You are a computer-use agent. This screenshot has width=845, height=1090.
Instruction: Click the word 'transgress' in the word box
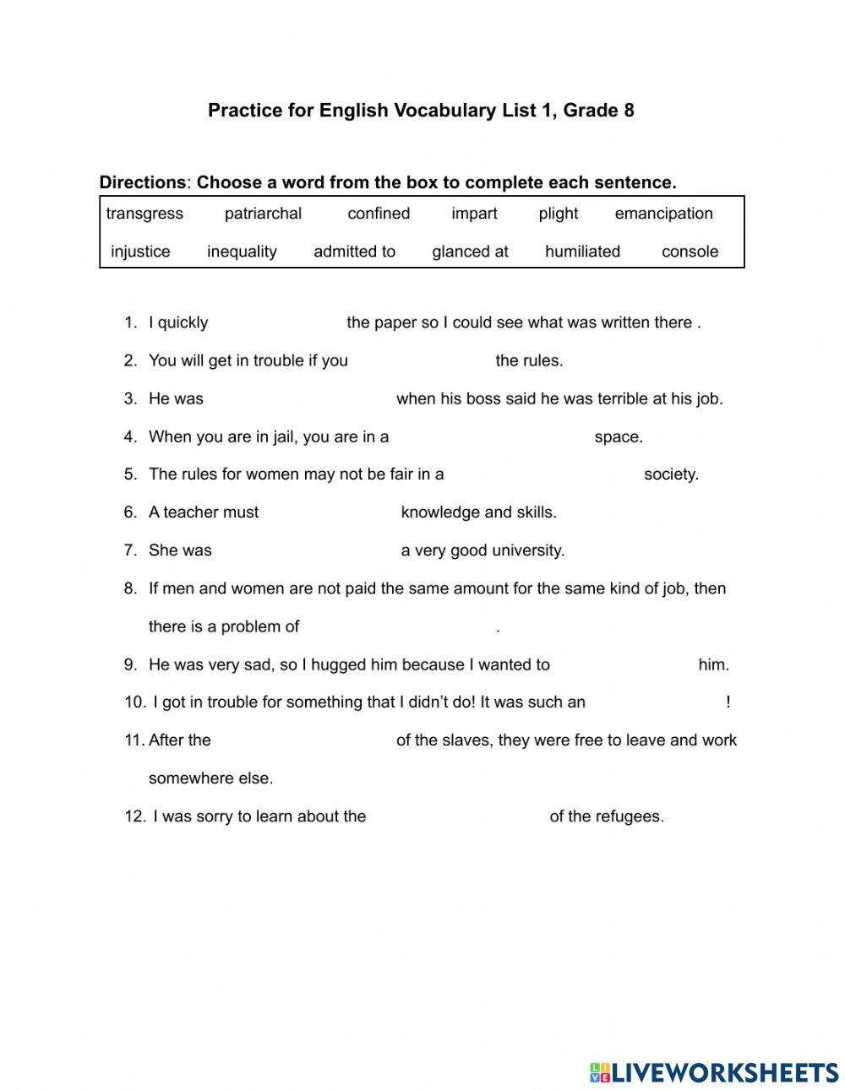[x=144, y=214]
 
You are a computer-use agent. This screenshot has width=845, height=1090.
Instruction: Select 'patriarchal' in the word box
[x=263, y=214]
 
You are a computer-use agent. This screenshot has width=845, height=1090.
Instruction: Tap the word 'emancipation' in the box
[x=663, y=214]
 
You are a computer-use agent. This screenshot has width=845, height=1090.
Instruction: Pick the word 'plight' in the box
[x=559, y=214]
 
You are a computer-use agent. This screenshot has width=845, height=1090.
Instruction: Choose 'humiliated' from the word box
[x=582, y=252]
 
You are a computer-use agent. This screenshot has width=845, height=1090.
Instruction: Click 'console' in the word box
[x=690, y=252]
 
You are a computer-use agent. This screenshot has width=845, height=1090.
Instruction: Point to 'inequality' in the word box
[x=242, y=252]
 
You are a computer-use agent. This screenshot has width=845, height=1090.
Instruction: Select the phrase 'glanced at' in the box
[x=470, y=252]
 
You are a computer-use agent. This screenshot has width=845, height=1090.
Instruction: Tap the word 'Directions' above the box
[x=142, y=182]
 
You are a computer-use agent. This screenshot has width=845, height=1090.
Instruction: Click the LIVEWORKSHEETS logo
[x=713, y=1072]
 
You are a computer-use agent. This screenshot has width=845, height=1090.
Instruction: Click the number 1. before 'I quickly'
[x=130, y=323]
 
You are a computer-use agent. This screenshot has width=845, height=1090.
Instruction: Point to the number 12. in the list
[x=135, y=816]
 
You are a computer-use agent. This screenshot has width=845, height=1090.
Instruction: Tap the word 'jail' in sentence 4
[x=276, y=437]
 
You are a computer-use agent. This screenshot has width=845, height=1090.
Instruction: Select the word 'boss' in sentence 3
[x=480, y=399]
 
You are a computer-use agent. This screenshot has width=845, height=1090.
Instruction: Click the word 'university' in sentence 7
[x=527, y=550]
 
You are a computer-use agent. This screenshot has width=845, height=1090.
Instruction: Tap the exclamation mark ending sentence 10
[x=728, y=702]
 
